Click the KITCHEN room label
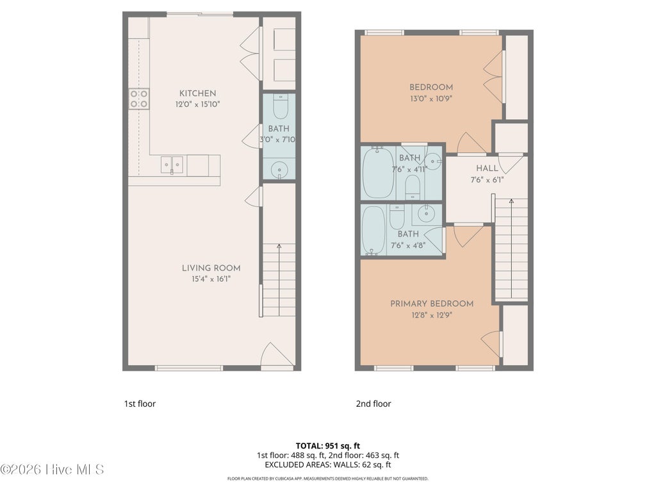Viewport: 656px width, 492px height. tap(197, 94)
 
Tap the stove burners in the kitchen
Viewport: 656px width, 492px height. tap(138, 99)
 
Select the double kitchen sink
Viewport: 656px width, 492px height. tap(172, 165)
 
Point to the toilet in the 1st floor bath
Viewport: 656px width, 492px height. tap(281, 106)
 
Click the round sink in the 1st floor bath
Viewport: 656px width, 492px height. tap(279, 170)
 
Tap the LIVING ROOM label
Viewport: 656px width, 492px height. tap(211, 268)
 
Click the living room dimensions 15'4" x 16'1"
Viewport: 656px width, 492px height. tap(211, 279)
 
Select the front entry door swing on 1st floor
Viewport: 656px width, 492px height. tap(277, 356)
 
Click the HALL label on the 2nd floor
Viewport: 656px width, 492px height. tap(487, 168)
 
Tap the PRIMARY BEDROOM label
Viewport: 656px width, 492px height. tap(432, 304)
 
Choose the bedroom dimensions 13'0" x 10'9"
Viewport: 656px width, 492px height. tap(431, 99)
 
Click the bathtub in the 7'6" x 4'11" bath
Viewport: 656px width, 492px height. tap(378, 172)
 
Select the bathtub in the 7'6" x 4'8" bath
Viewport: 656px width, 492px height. tap(373, 230)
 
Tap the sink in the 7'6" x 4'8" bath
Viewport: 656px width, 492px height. tap(426, 215)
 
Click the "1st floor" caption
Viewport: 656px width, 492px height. tap(140, 404)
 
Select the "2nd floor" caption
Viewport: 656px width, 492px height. tap(373, 404)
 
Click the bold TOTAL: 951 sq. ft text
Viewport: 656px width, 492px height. tap(327, 446)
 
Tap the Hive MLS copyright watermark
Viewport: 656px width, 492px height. tap(52, 470)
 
